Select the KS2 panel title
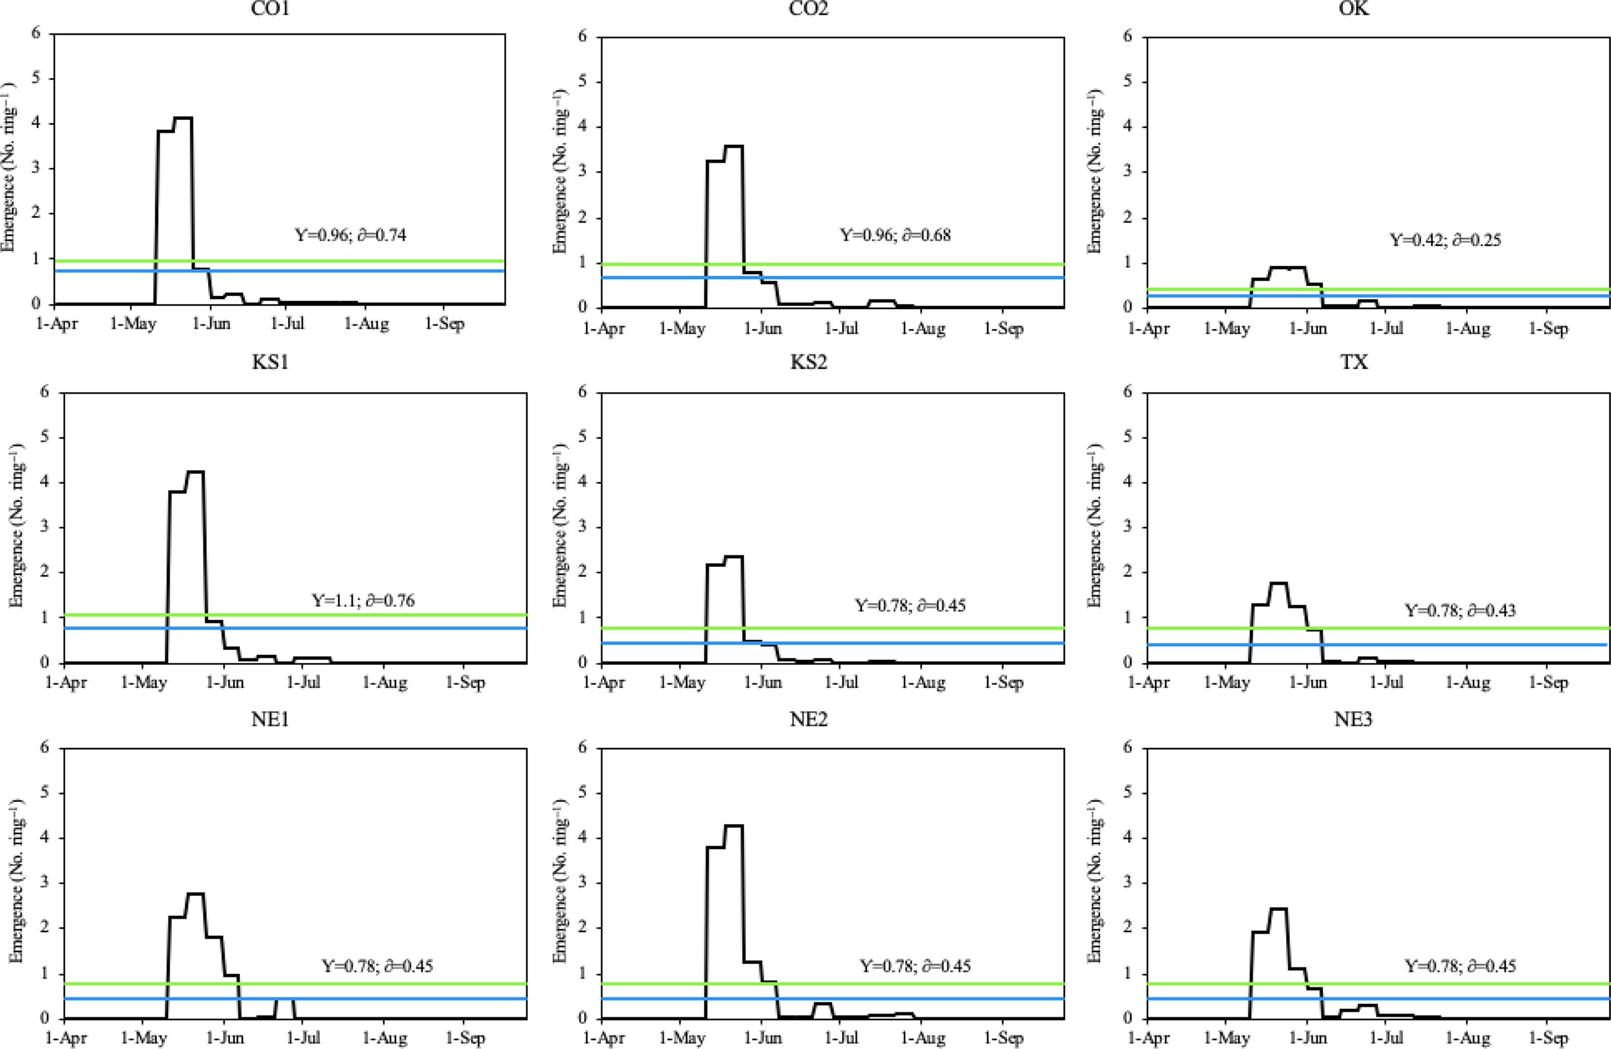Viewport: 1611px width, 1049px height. [808, 362]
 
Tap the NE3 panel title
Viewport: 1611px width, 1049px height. [1353, 719]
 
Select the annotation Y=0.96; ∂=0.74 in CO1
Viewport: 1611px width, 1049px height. [350, 235]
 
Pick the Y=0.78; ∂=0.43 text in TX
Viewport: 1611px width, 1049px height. [1460, 610]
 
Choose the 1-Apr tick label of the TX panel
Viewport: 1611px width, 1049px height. [1149, 682]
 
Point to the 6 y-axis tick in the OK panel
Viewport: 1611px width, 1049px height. [1128, 36]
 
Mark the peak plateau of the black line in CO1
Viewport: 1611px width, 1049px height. [183, 118]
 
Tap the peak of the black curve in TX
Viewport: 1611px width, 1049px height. [1277, 583]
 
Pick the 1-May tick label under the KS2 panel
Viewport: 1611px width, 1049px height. [682, 682]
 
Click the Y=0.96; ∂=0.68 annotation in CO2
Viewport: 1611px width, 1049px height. [895, 235]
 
